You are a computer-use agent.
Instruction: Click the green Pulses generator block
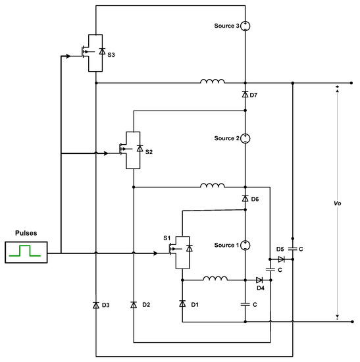point(26,252)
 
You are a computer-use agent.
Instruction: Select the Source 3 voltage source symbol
point(244,26)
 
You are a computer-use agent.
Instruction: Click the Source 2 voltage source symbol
point(244,138)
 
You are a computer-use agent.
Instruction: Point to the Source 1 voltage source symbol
point(244,246)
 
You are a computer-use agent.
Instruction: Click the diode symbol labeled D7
point(244,95)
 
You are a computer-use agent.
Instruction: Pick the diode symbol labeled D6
point(244,198)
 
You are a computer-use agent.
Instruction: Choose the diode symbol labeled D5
point(282,259)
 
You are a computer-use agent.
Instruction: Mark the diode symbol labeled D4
point(259,280)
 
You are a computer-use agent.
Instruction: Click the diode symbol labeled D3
point(96,305)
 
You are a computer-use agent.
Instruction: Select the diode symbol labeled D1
point(182,303)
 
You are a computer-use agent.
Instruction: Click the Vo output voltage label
point(336,203)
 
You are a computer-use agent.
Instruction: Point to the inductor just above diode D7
point(212,82)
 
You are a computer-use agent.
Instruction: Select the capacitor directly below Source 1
point(244,305)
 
